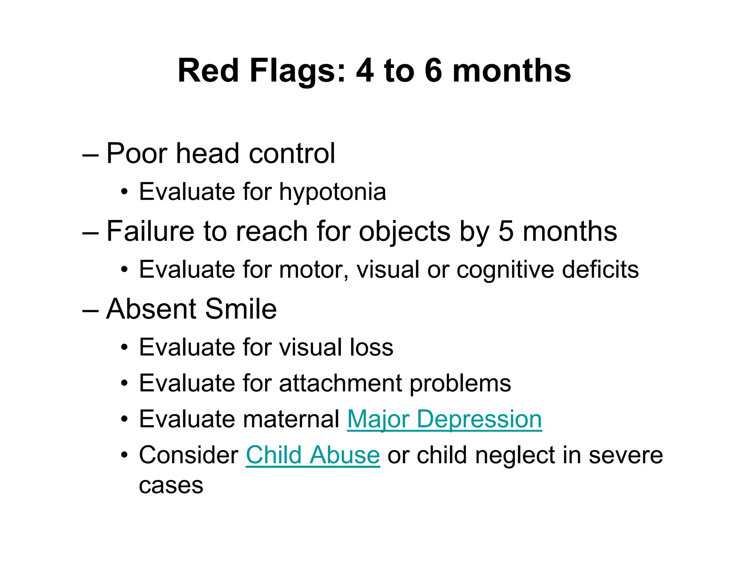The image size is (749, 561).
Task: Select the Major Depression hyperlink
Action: point(444,419)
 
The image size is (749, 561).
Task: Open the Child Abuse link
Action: point(313,455)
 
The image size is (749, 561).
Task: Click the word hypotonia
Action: point(332,192)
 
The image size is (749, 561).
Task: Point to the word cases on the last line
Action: point(171,486)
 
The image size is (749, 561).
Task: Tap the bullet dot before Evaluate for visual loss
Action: point(125,347)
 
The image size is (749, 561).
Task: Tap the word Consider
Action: point(189,455)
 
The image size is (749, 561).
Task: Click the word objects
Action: point(404,232)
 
